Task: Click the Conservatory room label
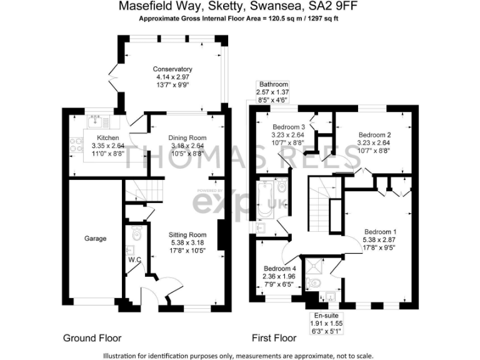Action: pyautogui.click(x=172, y=69)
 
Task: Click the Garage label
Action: pyautogui.click(x=96, y=238)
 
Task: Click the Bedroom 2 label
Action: pyautogui.click(x=375, y=134)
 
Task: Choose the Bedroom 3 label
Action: pyautogui.click(x=289, y=126)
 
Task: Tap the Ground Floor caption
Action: pyautogui.click(x=92, y=338)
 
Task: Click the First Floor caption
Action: pyautogui.click(x=274, y=338)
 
